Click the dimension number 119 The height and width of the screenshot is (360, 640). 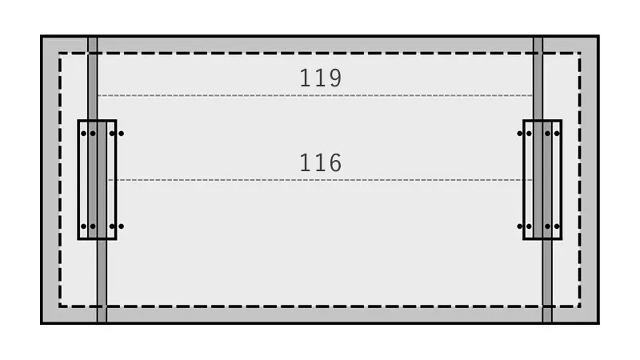coord(321,78)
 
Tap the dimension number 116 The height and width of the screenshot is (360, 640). coord(321,162)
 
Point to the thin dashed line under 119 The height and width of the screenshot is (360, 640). coord(315,95)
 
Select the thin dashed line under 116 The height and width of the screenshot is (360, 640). coord(320,180)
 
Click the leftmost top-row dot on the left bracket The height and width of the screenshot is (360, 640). coord(84,134)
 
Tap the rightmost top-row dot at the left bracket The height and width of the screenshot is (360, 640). coord(121,134)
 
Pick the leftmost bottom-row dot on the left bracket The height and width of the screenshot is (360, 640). coord(84,226)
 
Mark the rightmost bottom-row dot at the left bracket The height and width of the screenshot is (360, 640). coord(121,226)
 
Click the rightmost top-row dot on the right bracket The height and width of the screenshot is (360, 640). coord(557,134)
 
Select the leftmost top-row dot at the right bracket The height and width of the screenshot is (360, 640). coord(519,134)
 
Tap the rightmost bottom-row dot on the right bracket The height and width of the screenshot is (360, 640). coord(557,226)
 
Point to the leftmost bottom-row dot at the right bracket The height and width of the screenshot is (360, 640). coord(519,226)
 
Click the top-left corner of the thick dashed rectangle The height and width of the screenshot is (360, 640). coord(60,53)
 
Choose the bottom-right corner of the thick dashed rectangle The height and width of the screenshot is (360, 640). coord(579,306)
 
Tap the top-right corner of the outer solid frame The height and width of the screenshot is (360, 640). coord(598,36)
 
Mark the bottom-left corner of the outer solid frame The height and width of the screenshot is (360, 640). coord(42,323)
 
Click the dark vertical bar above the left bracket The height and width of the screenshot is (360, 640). coord(93,78)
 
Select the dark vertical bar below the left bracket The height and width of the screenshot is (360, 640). coord(102,281)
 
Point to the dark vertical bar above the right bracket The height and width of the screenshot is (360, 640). coord(538,78)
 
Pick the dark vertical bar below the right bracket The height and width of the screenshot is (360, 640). coord(547,281)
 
